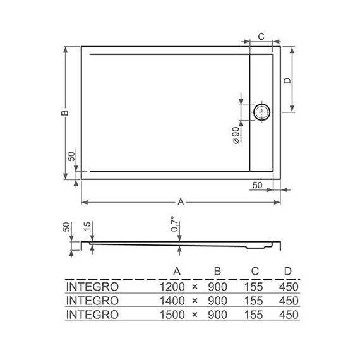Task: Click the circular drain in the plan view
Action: coord(262,112)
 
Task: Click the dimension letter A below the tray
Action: coord(181,202)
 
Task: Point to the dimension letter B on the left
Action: coord(64,112)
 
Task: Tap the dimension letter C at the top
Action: coord(261,37)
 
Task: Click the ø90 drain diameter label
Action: coord(235,136)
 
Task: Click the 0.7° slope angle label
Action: coord(179,225)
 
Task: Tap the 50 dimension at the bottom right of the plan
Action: coord(257,184)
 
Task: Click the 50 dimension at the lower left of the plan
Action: coord(71,157)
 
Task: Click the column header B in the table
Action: coord(217,272)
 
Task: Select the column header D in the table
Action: coord(288,272)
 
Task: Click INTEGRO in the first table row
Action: coord(92,286)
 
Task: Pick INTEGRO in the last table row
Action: coord(92,314)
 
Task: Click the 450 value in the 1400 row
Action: coord(288,300)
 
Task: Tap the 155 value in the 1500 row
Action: coord(255,314)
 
